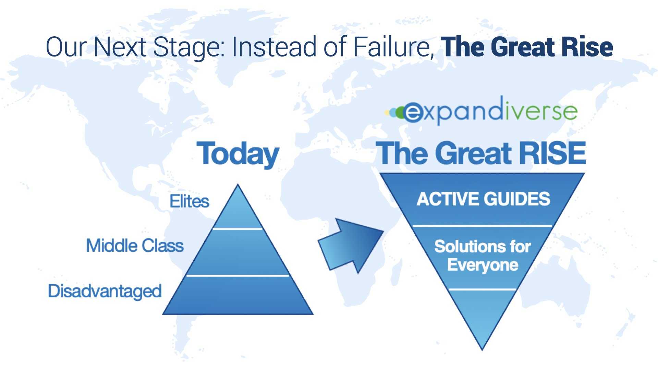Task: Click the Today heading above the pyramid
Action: click(x=238, y=154)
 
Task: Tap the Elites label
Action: click(x=190, y=201)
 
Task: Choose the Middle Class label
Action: click(x=135, y=246)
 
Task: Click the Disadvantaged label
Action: click(x=105, y=292)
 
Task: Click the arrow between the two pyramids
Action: click(x=351, y=245)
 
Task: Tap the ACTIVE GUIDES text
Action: click(x=483, y=199)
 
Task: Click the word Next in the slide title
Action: click(x=120, y=47)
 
